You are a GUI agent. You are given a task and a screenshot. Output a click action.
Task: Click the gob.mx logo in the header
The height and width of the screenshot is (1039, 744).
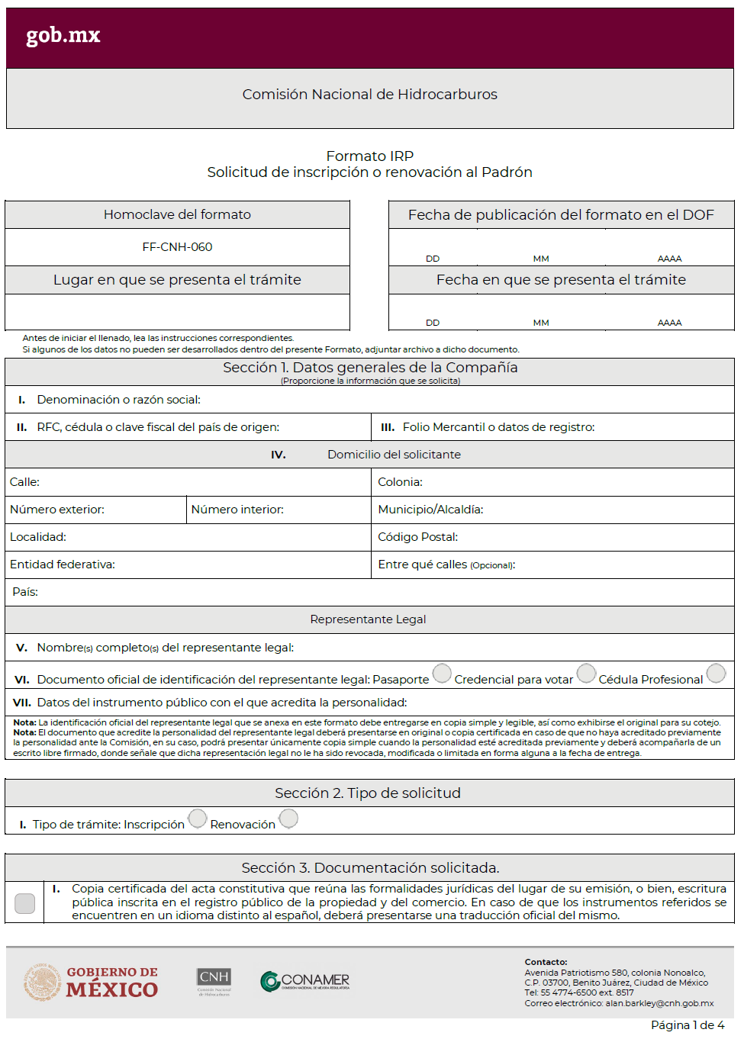[x=63, y=35]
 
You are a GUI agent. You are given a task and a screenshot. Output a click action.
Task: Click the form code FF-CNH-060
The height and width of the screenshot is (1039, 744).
[x=177, y=247]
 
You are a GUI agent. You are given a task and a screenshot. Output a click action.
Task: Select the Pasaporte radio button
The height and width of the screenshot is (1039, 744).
[x=442, y=674]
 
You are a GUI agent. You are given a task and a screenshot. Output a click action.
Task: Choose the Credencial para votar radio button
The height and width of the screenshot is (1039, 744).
[x=586, y=674]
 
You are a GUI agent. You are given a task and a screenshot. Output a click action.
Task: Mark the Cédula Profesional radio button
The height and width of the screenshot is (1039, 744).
[x=716, y=674]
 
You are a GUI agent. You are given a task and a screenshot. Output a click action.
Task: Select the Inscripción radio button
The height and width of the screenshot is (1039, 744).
[x=198, y=819]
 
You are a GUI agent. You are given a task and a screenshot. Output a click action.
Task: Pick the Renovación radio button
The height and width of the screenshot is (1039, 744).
[x=288, y=819]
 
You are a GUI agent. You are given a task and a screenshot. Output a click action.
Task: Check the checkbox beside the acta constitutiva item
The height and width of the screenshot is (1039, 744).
[x=25, y=903]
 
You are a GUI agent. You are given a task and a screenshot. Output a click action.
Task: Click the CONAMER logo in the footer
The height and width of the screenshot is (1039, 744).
[x=305, y=981]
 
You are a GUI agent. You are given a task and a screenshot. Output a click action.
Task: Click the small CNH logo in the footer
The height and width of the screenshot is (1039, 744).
[x=214, y=982]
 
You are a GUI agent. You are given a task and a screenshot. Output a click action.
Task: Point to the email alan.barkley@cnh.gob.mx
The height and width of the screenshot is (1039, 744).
[x=659, y=1003]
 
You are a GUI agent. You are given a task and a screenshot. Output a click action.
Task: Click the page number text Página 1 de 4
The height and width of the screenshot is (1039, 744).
[x=688, y=1025]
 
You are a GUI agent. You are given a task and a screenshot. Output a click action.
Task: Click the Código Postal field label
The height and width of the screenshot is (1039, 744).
[x=417, y=537]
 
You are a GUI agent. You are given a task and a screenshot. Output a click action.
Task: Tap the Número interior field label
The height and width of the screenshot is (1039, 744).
[x=237, y=510]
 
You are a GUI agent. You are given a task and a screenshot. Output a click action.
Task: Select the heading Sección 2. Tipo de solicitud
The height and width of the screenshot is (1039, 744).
[x=368, y=793]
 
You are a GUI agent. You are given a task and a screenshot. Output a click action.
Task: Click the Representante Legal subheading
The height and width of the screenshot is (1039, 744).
[x=368, y=619]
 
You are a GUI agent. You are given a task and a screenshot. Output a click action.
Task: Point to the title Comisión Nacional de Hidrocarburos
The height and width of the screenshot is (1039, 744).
[x=369, y=95]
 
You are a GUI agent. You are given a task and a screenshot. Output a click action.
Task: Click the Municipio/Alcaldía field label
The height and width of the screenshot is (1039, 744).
[x=430, y=510]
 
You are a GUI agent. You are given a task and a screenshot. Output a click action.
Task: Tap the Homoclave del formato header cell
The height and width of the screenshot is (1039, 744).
[x=177, y=215]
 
